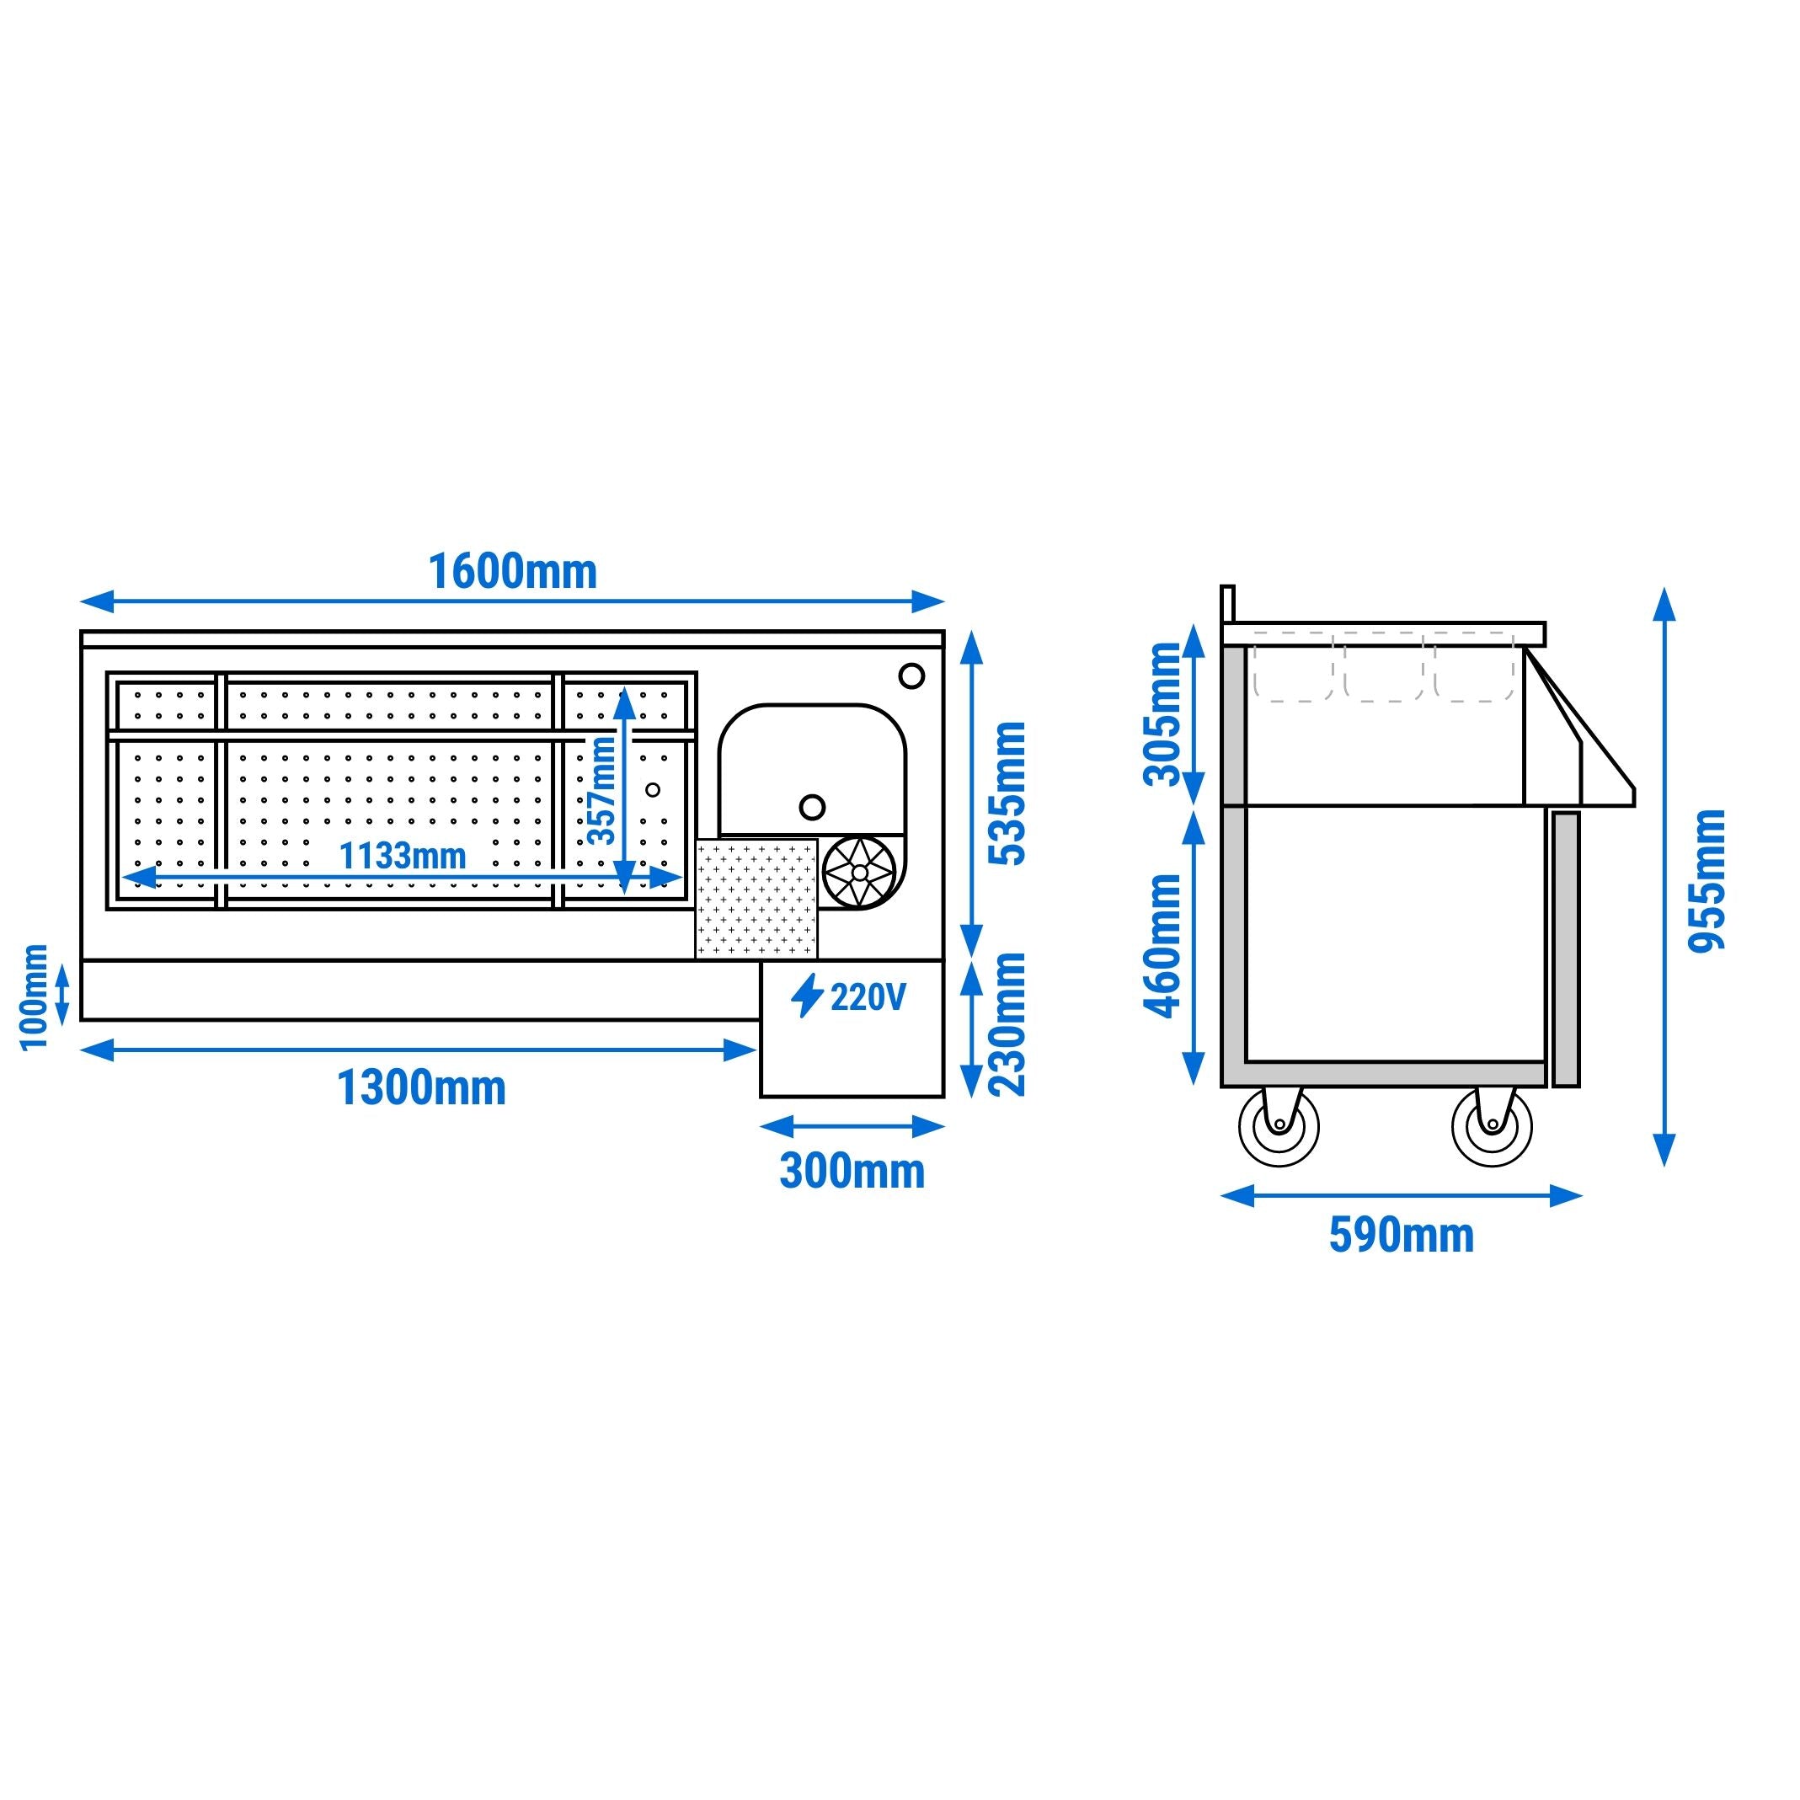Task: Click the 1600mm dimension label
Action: click(512, 571)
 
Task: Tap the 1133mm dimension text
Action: click(403, 855)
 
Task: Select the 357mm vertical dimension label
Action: click(603, 789)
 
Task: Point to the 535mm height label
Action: click(1010, 793)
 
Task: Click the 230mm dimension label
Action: click(1010, 1024)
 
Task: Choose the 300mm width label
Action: click(852, 1171)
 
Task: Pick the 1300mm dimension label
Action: click(421, 1087)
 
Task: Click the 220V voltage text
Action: click(868, 998)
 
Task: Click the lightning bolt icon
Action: click(807, 996)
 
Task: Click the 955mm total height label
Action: click(1709, 879)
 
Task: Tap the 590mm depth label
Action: click(1402, 1236)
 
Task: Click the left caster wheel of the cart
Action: click(1279, 1126)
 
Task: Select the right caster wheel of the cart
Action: click(1492, 1126)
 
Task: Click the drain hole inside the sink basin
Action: click(813, 807)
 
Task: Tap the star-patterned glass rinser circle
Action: click(859, 872)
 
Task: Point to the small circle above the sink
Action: click(911, 676)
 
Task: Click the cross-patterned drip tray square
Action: click(756, 898)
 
